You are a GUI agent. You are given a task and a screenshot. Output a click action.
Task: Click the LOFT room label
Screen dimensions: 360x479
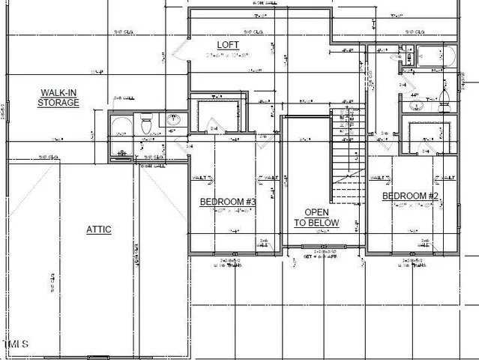pos(229,45)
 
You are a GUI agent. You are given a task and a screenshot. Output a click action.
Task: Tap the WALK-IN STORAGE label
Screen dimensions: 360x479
pos(59,97)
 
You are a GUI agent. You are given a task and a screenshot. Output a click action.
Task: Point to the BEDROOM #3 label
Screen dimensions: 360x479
pos(228,202)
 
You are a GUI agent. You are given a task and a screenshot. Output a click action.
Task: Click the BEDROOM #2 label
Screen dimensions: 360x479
pos(410,196)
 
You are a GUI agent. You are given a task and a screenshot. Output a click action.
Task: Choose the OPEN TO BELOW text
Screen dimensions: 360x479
pos(316,217)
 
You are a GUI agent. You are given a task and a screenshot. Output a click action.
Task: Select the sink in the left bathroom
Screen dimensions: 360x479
pos(174,119)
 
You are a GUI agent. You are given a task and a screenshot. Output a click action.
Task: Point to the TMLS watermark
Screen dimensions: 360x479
pos(16,344)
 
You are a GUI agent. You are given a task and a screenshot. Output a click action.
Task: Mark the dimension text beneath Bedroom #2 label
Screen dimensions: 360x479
pos(411,206)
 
